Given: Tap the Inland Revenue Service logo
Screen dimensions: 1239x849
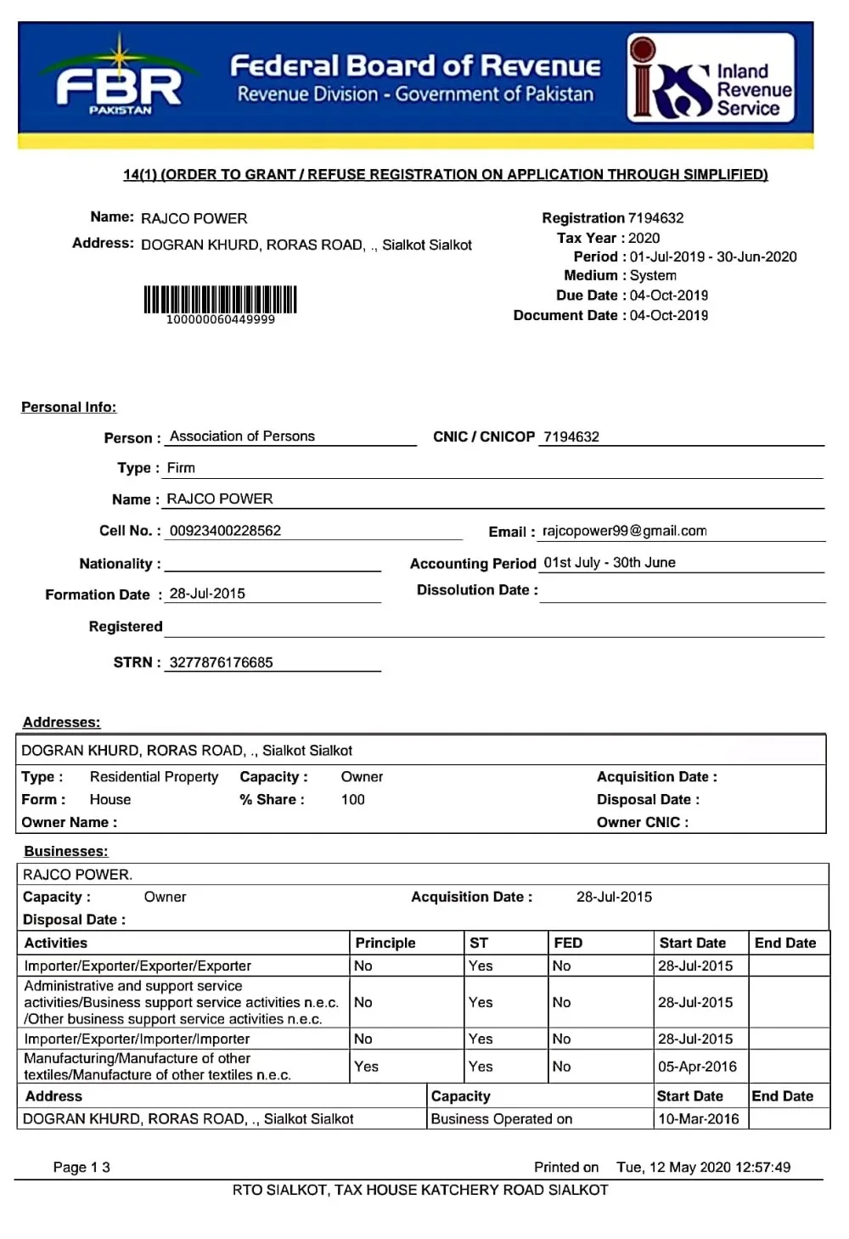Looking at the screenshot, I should point(711,77).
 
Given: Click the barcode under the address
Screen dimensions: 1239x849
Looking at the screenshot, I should point(220,301).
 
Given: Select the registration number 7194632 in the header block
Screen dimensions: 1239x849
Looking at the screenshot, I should point(655,218).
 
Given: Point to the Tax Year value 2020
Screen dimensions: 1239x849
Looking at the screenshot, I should point(644,239).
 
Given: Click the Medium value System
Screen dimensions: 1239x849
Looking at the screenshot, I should point(653,276).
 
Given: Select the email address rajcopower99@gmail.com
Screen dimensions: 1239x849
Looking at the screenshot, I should point(624,531).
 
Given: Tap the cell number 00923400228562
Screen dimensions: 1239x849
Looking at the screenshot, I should point(225,531).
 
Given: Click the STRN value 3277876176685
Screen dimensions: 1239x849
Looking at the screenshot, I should point(221,662).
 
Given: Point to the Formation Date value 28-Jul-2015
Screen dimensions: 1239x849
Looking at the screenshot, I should point(207,594).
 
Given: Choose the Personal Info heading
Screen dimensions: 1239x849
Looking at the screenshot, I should point(69,408).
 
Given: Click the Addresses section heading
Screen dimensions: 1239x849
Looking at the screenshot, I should point(61,723).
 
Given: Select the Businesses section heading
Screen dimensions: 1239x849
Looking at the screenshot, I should point(65,852).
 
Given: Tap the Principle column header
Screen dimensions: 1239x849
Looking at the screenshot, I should point(385,943).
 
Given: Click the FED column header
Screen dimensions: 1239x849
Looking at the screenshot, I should point(568,943).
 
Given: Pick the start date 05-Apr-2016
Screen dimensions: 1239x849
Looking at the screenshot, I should point(697,1067).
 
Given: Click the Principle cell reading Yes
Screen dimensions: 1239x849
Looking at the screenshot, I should point(366,1067).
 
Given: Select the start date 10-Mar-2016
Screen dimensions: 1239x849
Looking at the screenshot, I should point(698,1119).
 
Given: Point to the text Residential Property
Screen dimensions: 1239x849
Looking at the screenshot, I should point(154,777).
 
